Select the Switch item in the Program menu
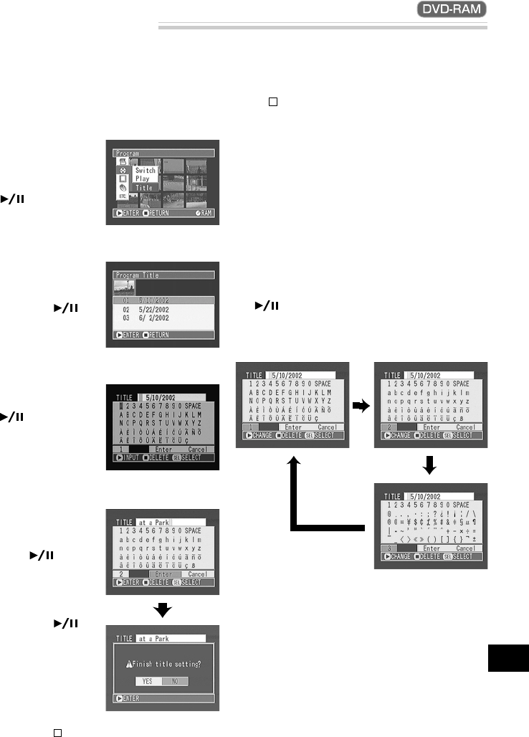(x=145, y=171)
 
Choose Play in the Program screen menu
(x=142, y=179)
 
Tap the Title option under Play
(x=144, y=187)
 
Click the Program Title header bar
(x=163, y=275)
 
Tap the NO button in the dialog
(x=174, y=680)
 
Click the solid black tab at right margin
(x=508, y=657)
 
